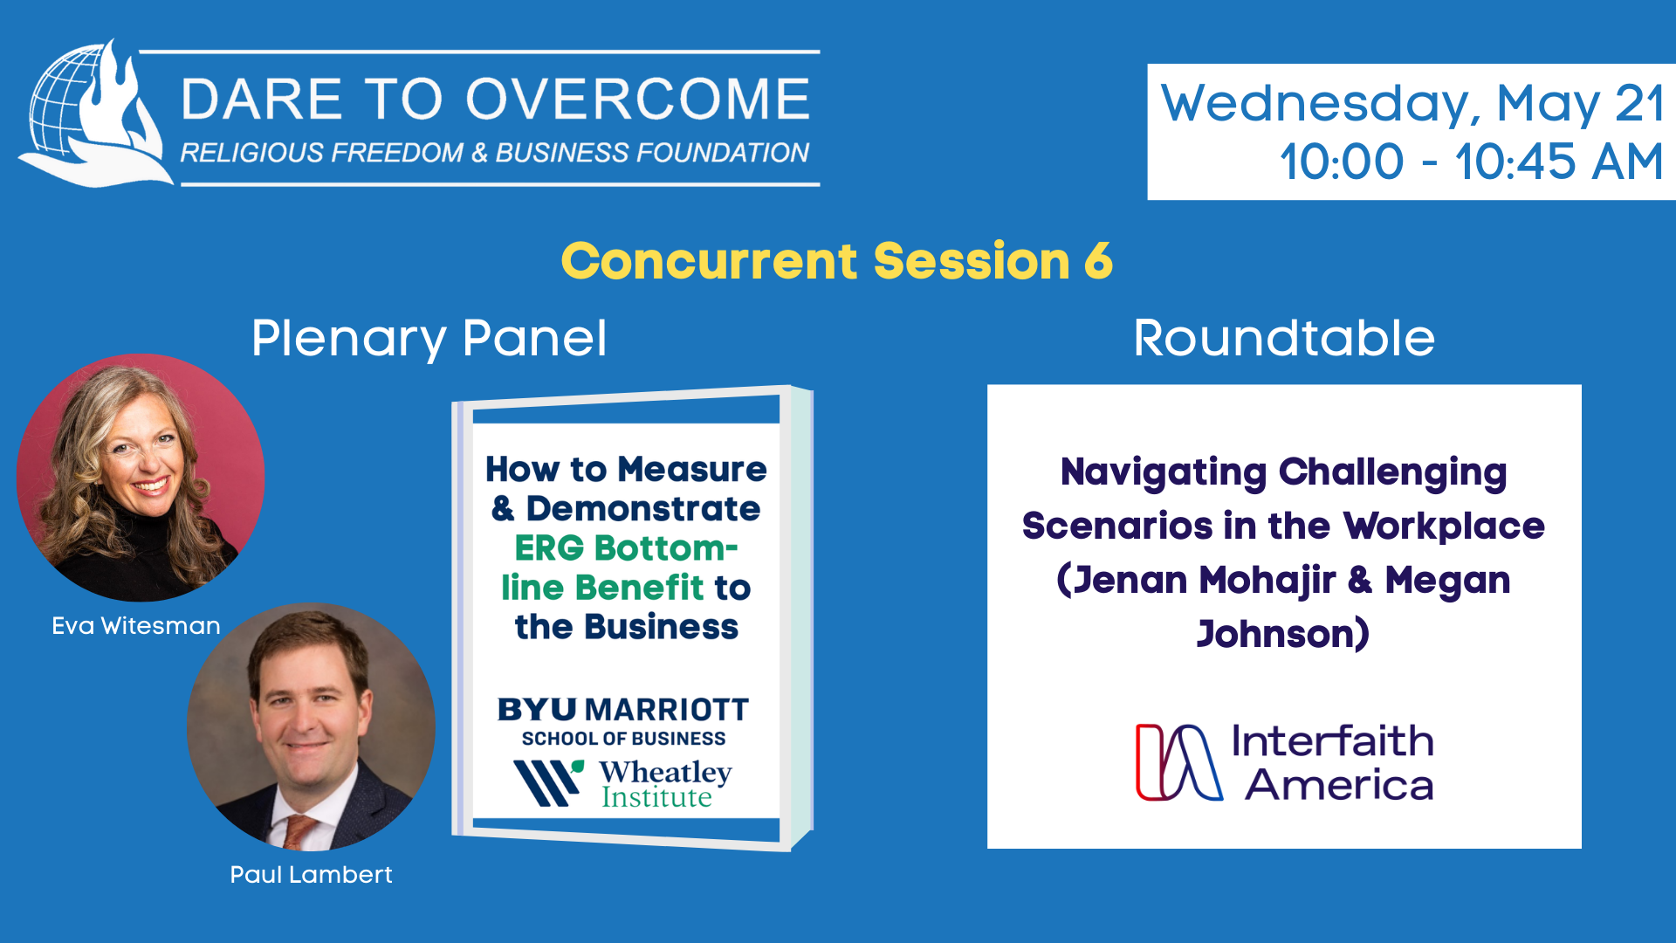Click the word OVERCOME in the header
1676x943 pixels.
pos(638,99)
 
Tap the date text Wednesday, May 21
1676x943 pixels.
pos(1412,103)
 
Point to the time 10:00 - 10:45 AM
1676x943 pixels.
pos(1472,162)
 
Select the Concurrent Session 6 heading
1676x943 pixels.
pos(837,260)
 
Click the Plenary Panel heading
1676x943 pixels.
pos(429,339)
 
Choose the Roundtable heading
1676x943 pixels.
pos(1284,338)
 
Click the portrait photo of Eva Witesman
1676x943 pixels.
pos(141,478)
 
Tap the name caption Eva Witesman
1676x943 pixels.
pos(136,626)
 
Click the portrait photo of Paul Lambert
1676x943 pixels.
pos(311,726)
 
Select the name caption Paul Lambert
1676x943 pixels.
pos(311,875)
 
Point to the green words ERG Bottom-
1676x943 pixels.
pos(626,548)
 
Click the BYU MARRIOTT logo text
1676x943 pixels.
pos(623,710)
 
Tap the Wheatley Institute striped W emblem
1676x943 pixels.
pos(548,782)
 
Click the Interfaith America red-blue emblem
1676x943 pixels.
pos(1179,762)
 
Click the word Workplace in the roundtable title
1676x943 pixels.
pos(1445,527)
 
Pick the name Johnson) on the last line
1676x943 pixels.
pos(1283,634)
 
